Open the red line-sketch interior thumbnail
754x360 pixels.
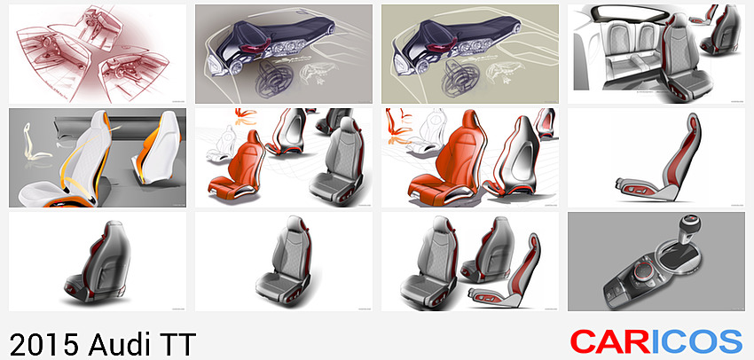pyautogui.click(x=98, y=54)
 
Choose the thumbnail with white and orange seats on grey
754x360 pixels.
pyautogui.click(x=98, y=158)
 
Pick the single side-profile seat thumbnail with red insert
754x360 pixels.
pyautogui.click(x=656, y=158)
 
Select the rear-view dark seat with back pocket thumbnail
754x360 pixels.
pyautogui.click(x=98, y=262)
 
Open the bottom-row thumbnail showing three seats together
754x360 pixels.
pyautogui.click(x=470, y=262)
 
